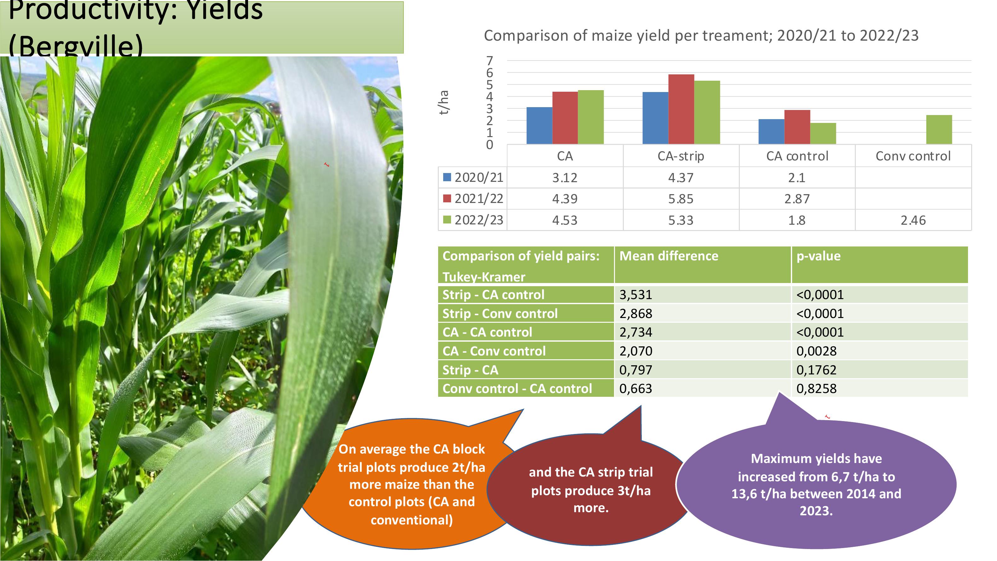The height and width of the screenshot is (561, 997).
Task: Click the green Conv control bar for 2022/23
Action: click(x=939, y=130)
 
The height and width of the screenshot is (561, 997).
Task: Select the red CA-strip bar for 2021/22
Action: click(x=681, y=109)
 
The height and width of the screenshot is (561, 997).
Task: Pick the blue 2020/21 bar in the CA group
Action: click(x=539, y=126)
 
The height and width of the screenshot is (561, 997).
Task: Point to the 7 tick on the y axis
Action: click(x=490, y=61)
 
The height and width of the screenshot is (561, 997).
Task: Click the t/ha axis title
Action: click(x=443, y=102)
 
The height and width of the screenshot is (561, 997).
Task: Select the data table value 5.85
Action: click(x=681, y=199)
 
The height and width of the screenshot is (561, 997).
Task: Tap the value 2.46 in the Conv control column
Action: click(x=913, y=220)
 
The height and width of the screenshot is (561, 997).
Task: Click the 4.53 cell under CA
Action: click(x=565, y=220)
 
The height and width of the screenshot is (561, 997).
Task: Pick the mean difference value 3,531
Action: click(x=635, y=295)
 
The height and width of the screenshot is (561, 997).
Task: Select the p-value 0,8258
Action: click(x=816, y=388)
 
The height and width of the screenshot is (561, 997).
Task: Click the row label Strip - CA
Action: click(x=470, y=370)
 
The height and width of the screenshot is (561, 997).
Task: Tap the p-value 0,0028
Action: click(x=816, y=351)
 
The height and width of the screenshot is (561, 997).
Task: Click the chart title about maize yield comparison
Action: click(x=701, y=36)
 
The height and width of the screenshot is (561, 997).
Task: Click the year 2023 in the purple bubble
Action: click(x=815, y=511)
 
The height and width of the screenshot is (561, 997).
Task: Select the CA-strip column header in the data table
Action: click(x=681, y=156)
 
